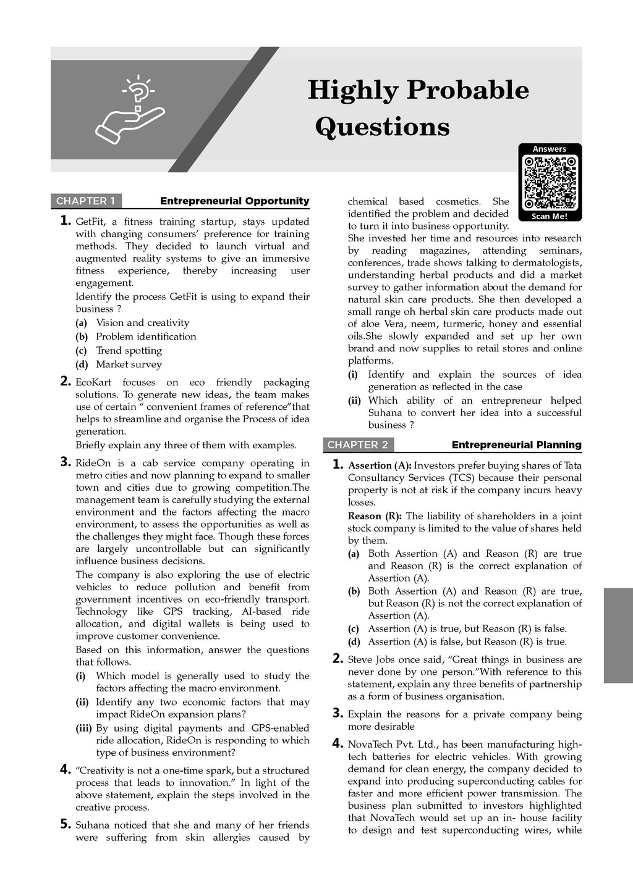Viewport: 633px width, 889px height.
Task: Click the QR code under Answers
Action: tap(550, 183)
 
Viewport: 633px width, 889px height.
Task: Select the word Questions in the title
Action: tap(382, 127)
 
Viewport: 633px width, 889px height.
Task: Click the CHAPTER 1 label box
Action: tap(86, 201)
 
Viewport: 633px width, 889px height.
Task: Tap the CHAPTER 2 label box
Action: tap(357, 444)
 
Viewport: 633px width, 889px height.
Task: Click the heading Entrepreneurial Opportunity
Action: tap(234, 201)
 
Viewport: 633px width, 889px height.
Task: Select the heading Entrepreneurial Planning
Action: tap(516, 444)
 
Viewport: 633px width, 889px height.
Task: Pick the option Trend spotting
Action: tap(129, 351)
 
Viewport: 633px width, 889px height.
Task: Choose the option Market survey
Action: tap(129, 364)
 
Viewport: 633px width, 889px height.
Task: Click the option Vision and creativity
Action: tap(142, 323)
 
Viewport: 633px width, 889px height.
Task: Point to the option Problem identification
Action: tap(146, 336)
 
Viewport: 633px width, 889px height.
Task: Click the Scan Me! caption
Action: tap(549, 217)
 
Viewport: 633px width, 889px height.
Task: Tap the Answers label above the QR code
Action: tap(549, 149)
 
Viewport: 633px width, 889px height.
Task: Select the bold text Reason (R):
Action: tap(375, 516)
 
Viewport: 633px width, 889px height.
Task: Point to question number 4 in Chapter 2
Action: tap(338, 743)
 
